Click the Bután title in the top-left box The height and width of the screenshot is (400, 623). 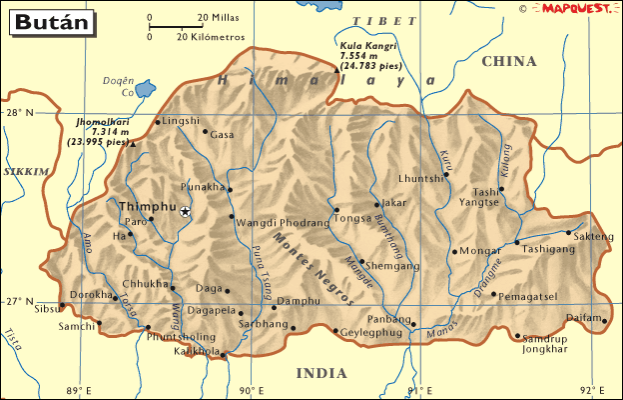[41, 19]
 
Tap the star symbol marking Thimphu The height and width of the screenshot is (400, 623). [185, 211]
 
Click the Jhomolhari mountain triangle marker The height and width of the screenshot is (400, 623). [133, 144]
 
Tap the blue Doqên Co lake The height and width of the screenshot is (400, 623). [144, 90]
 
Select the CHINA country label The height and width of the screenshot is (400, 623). [509, 62]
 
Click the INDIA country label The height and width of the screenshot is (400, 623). [321, 373]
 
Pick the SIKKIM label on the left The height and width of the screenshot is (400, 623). [25, 172]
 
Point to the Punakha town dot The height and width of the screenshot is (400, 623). [229, 189]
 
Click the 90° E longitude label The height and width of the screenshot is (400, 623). [250, 390]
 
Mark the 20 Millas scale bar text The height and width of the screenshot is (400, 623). [217, 18]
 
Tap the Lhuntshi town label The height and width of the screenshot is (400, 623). [419, 179]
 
